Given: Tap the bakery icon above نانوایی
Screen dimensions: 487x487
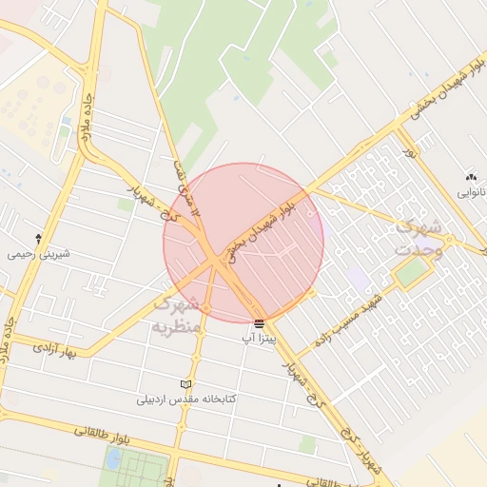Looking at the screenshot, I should (470, 177).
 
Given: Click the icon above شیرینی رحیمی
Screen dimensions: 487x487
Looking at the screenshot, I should (38, 238).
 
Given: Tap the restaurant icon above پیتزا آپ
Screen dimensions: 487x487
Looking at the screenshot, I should (260, 323).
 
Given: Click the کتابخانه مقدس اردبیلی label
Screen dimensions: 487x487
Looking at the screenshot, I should (186, 399).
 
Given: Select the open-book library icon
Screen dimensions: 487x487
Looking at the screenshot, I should (186, 384).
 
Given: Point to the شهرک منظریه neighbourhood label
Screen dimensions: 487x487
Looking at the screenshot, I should (178, 314).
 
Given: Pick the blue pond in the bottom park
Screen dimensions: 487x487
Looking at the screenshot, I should (114, 460).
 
